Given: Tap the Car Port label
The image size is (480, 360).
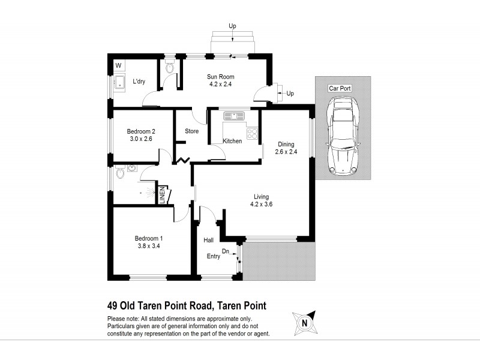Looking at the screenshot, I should (x=340, y=88).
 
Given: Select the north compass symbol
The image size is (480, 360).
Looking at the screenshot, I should (x=304, y=322).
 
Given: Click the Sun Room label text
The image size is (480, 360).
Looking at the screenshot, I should (x=221, y=77).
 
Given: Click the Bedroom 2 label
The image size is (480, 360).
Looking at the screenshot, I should (x=141, y=131).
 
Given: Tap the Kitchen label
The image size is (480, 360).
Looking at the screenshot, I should (x=232, y=141).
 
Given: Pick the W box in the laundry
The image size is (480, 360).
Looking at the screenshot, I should (x=118, y=65).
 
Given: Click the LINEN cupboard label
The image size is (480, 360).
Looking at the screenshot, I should (x=161, y=196).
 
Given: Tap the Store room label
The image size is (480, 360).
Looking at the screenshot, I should (x=191, y=131).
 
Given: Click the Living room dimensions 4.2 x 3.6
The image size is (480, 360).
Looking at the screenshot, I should (x=261, y=204).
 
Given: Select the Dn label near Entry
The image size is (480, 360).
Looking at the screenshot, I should (x=226, y=252).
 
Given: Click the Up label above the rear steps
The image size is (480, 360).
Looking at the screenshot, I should (x=232, y=26).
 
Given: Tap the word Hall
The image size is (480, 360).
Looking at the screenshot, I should (x=209, y=240).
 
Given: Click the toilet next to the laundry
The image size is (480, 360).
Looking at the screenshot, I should (x=169, y=68).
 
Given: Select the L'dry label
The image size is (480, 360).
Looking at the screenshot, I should (x=139, y=82).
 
